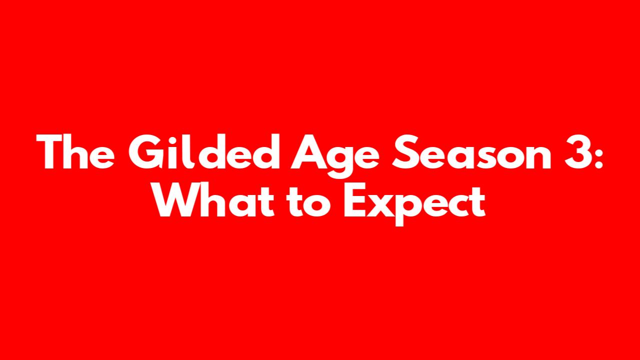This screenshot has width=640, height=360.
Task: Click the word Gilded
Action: point(204,151)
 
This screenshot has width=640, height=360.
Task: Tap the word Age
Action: point(335,156)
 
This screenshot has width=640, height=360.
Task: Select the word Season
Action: point(471,152)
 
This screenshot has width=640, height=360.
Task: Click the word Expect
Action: point(414,204)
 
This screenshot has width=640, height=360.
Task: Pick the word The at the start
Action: point(75,151)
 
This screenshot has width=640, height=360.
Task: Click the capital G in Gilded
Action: point(145,151)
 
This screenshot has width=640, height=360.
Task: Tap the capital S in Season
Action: point(405,152)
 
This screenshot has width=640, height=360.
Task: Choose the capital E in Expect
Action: point(354,200)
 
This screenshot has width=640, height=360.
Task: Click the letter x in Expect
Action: point(379,205)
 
